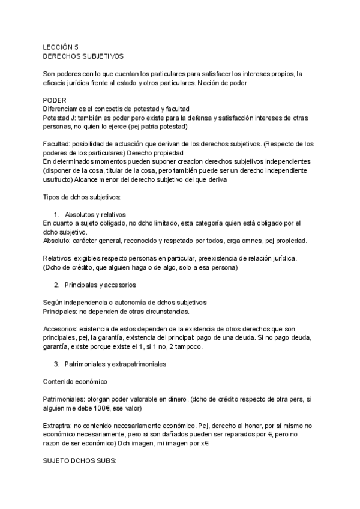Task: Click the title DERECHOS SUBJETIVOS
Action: pos(83,56)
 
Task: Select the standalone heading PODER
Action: pos(55,99)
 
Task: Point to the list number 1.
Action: pos(56,215)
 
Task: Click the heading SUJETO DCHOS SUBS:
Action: pos(79,462)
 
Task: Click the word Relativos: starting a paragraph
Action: pos(60,259)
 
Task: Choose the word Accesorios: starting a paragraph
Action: pos(62,329)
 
